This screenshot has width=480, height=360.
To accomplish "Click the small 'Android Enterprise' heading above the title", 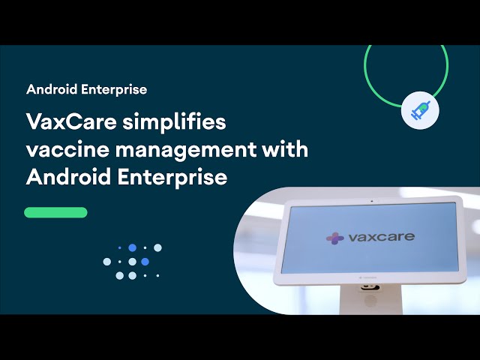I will click(86, 89).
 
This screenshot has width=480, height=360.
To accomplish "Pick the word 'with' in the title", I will click(285, 149).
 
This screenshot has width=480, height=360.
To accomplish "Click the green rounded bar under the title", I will click(55, 212).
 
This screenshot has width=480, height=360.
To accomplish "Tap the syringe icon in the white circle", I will click(421, 112).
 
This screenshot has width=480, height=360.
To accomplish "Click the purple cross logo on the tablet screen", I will click(334, 238).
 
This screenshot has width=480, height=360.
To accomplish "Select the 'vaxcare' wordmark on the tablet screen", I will click(381, 237).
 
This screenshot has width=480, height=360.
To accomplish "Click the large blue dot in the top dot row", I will click(132, 247).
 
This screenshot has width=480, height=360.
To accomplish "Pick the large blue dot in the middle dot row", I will click(145, 262).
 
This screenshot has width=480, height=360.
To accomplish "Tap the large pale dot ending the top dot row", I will click(157, 247).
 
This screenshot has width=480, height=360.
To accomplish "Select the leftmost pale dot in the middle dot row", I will click(107, 262).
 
